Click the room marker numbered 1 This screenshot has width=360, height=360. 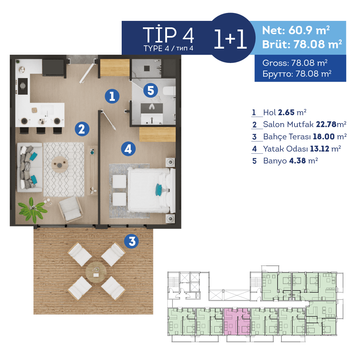[112, 96]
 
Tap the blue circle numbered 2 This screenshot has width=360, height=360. [82, 129]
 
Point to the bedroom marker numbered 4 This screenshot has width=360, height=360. [128, 148]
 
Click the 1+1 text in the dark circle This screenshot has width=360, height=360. [230, 40]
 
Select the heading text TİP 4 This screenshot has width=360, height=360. [168, 35]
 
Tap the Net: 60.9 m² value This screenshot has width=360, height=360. [296, 30]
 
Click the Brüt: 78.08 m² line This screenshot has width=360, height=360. [302, 44]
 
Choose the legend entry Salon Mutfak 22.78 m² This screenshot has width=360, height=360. [304, 125]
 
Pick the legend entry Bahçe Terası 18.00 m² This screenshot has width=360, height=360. [304, 136]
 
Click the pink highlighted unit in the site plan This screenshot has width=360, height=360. [237, 321]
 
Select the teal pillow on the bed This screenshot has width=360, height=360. [159, 189]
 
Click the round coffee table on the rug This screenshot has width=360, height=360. [60, 164]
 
